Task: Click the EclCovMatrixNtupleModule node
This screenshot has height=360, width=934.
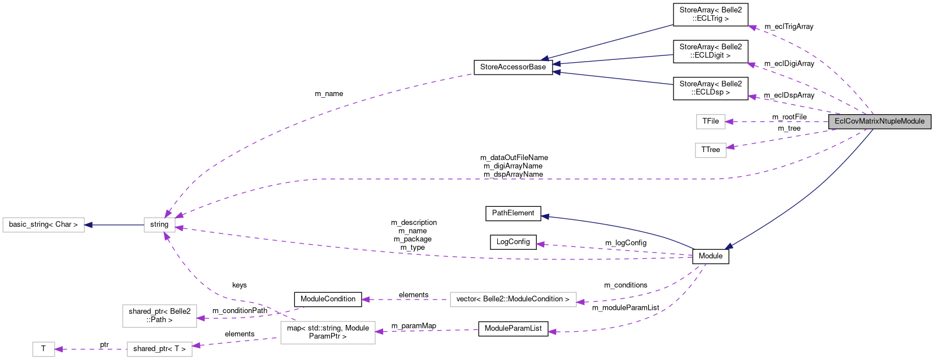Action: point(879,121)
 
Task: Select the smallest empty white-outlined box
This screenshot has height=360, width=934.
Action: point(44,349)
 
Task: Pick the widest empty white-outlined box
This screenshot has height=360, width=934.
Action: point(513,300)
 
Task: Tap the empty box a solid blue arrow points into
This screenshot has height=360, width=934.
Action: point(44,225)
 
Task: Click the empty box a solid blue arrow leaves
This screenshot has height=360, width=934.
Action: point(159,225)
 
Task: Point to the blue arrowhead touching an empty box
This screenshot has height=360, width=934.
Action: point(88,225)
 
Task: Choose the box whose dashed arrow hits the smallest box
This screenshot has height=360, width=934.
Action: point(159,349)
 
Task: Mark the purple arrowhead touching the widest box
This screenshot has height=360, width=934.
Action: point(580,302)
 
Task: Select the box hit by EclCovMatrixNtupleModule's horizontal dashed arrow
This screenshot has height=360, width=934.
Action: point(710,122)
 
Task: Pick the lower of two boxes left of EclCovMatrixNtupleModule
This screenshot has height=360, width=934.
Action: point(710,150)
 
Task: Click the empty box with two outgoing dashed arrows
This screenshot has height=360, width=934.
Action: point(328,332)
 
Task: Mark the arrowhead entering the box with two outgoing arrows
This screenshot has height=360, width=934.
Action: point(379,332)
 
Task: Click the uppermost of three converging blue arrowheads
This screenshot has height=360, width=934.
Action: point(544,59)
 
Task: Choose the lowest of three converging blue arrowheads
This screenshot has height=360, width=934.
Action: point(556,72)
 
